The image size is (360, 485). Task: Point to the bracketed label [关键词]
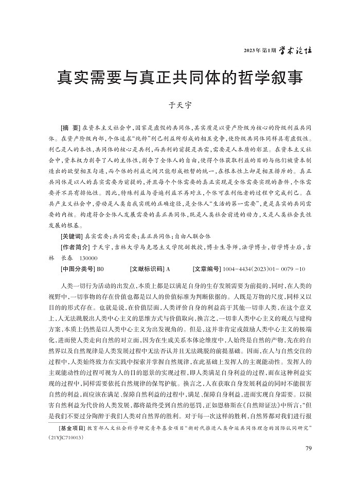71,238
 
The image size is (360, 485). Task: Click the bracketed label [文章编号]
207,268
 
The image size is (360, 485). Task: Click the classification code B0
100,268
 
